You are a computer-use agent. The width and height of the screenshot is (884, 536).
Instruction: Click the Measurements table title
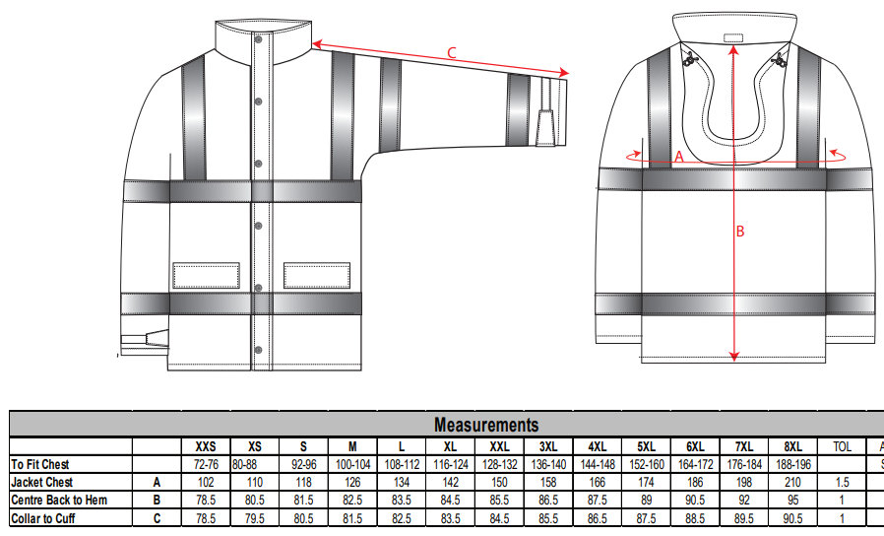point(486,425)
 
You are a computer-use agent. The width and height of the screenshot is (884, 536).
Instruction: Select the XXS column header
point(205,446)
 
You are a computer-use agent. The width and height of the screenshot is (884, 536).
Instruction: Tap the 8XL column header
point(793,446)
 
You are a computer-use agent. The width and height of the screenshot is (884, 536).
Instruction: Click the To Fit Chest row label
point(40,464)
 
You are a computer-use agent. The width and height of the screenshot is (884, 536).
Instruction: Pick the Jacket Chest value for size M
point(352,483)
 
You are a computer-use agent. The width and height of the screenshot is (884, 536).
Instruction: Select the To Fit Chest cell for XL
point(450,464)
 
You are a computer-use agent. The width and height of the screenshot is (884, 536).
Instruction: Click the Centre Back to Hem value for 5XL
point(646,501)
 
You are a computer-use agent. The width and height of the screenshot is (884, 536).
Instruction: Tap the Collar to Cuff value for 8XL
point(793,518)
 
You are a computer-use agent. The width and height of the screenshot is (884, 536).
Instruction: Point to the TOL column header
point(842,446)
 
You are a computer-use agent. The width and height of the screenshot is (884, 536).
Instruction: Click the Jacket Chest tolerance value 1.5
point(842,483)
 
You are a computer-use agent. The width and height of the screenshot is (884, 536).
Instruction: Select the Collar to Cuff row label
point(43,518)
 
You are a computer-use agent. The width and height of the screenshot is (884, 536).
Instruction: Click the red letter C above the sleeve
point(452,53)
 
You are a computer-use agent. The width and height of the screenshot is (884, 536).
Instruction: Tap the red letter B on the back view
point(741,232)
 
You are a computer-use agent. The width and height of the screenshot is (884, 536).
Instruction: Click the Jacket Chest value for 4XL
point(597,483)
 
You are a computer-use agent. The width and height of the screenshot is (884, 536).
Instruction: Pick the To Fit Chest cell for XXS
point(205,464)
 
